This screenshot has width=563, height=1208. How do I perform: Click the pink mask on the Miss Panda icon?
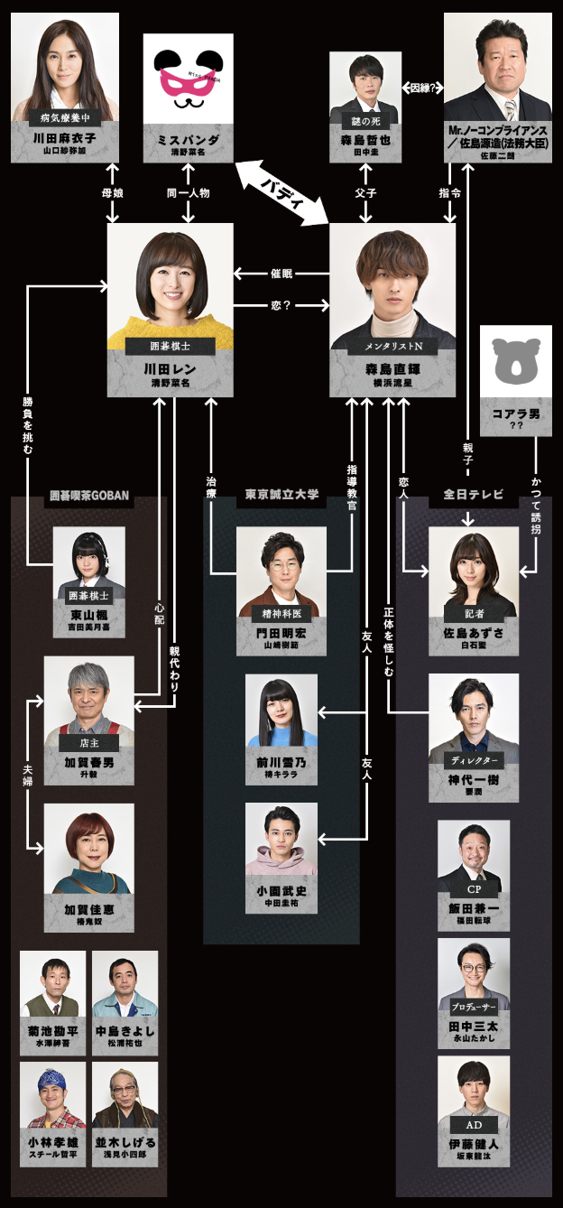[188, 80]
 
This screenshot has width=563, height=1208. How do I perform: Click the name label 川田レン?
[164, 370]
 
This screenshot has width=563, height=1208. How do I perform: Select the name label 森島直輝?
[392, 370]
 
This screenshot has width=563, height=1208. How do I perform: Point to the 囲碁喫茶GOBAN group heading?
[88, 496]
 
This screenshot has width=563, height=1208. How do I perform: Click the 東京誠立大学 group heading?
[281, 496]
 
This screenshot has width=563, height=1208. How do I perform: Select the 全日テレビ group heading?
[466, 496]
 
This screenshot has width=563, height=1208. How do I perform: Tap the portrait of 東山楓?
[88, 559]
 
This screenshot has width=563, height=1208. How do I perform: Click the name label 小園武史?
[281, 891]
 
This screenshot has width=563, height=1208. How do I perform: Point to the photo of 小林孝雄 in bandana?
[52, 1093]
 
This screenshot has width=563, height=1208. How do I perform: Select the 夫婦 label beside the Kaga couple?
[27, 774]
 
